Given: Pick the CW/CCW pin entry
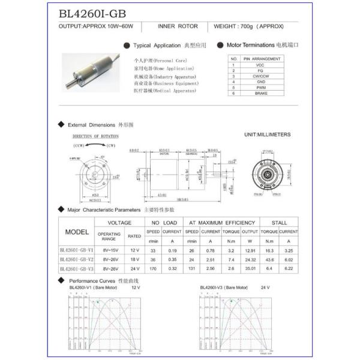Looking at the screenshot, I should [x=260, y=76].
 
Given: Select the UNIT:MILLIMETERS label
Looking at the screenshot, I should [x=268, y=134].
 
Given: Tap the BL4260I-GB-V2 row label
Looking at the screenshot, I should [x=77, y=259].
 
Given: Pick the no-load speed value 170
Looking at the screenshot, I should [x=153, y=269].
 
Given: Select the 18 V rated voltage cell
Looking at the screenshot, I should [x=134, y=259].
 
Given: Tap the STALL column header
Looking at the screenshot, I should [x=279, y=222].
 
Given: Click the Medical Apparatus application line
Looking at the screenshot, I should [x=165, y=91].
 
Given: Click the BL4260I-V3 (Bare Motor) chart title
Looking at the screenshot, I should [x=224, y=287].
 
